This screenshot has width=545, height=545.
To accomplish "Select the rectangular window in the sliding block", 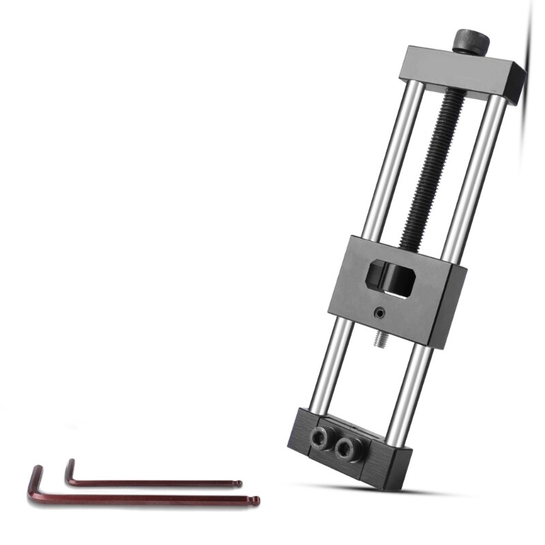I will pos(392,277).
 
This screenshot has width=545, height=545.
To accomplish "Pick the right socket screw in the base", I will pos(348,448).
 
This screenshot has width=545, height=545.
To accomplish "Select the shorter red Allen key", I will pos(150,482).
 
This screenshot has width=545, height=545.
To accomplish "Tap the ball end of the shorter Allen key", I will pos(238,484).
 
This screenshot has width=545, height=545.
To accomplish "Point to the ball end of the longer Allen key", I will pos(256,501).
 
